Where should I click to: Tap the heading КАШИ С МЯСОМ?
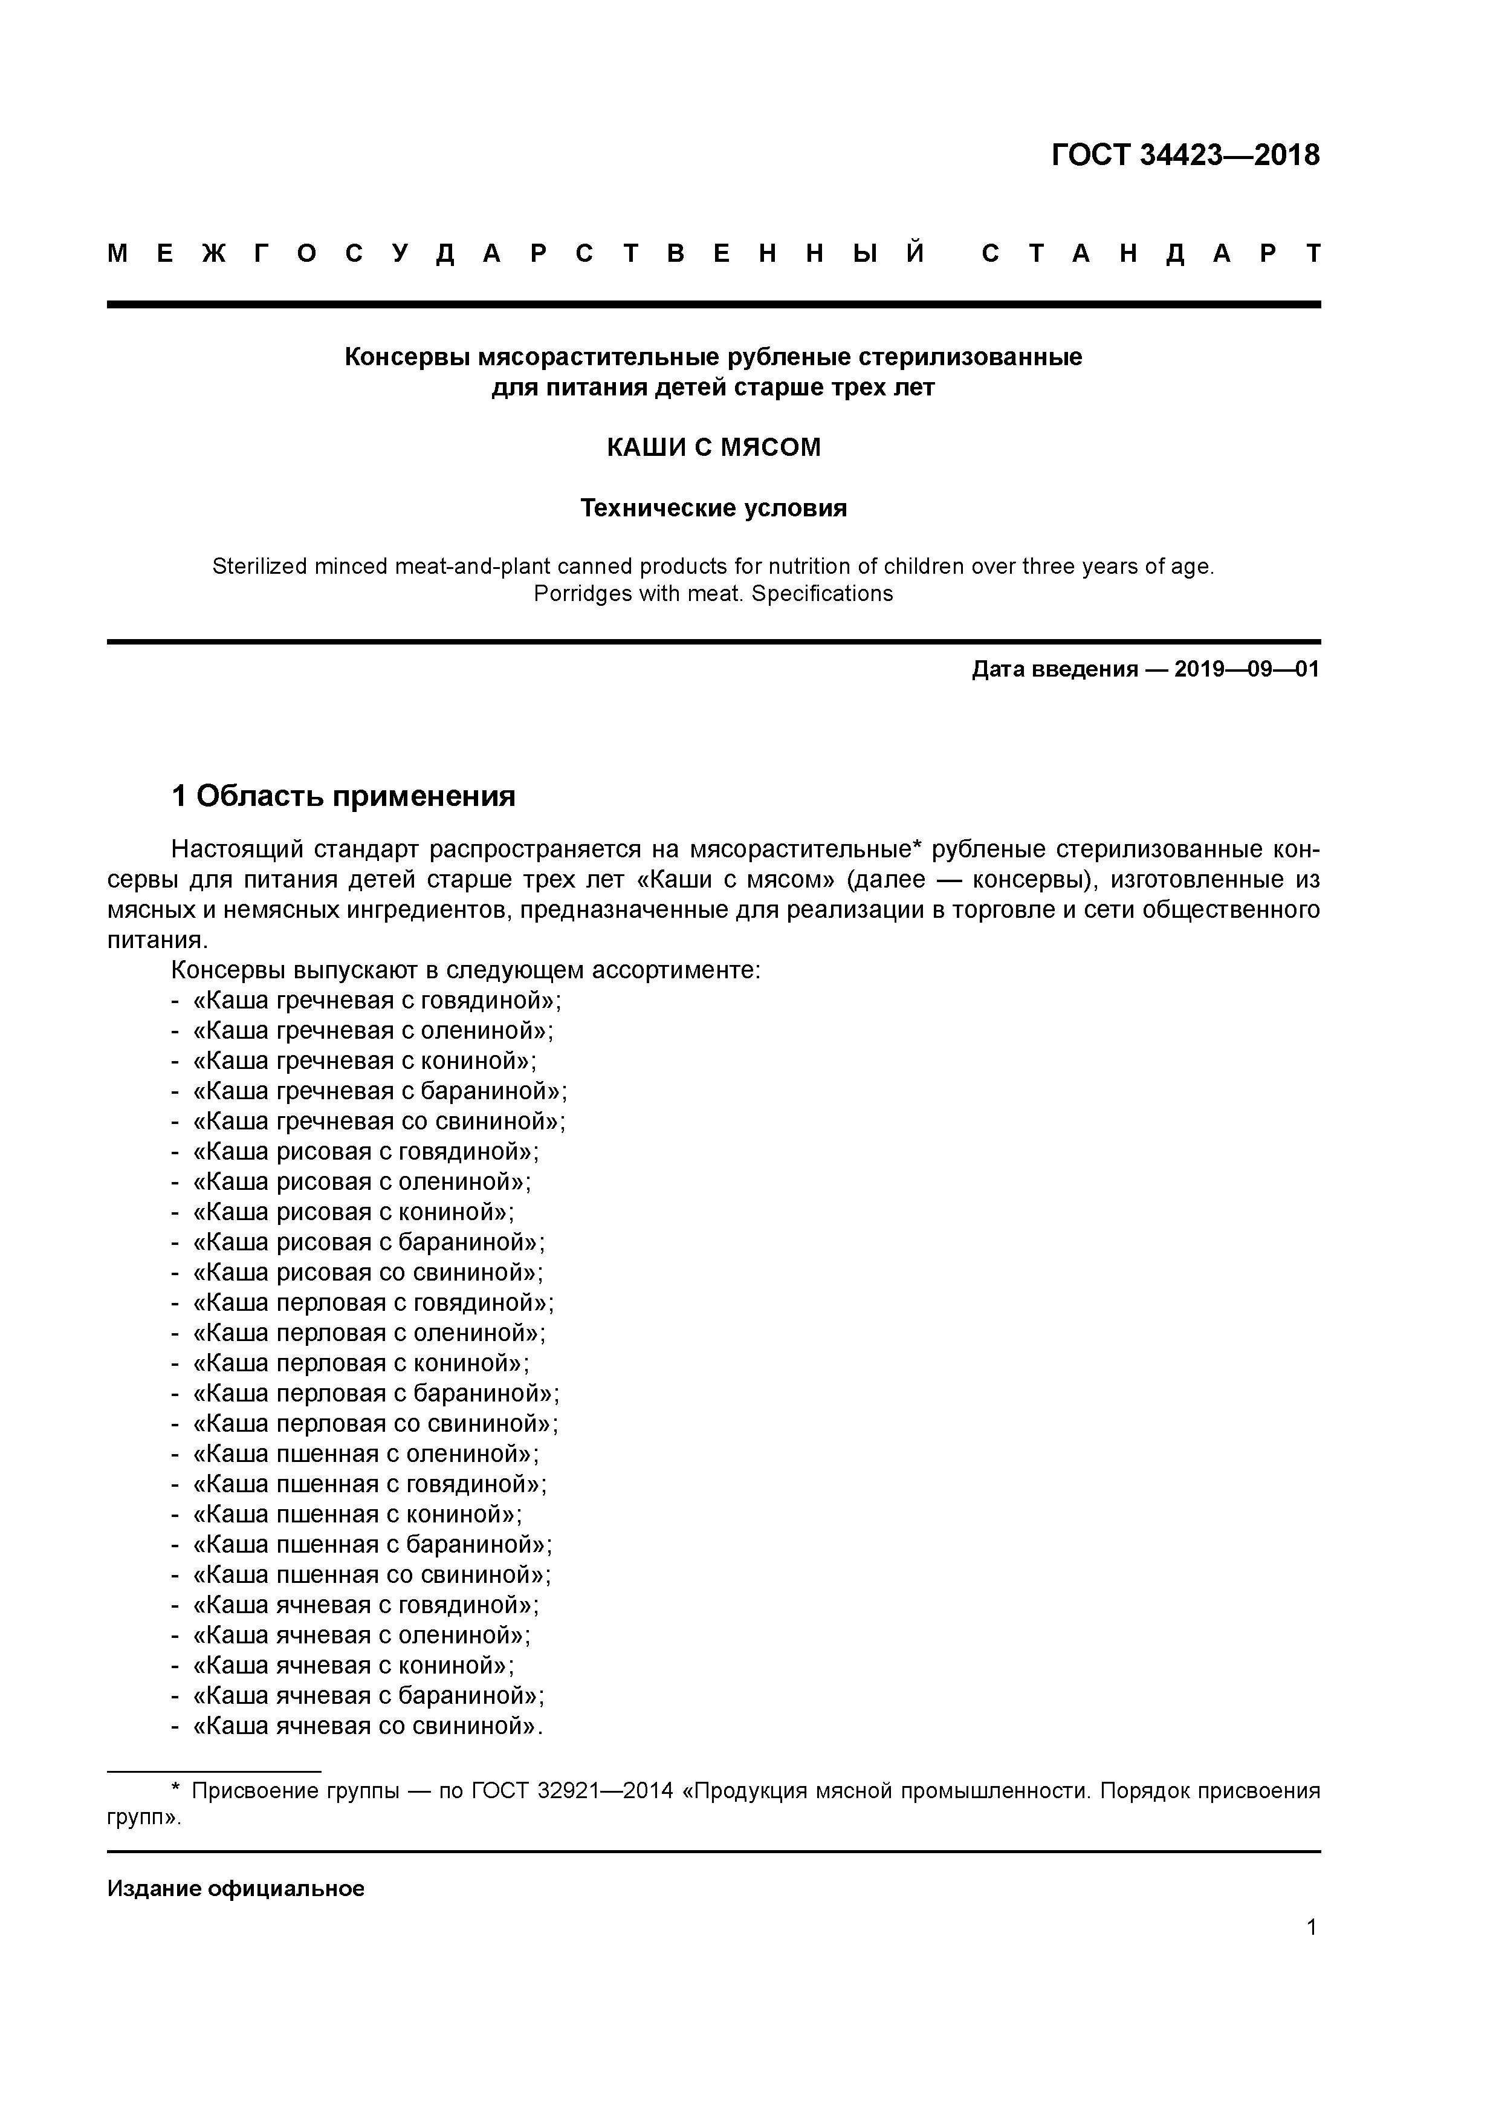click(x=713, y=448)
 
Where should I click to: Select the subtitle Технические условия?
click(x=713, y=508)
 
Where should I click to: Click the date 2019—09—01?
click(x=1247, y=669)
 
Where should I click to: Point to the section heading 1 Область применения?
click(x=343, y=796)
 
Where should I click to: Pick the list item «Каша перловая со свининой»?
click(x=375, y=1423)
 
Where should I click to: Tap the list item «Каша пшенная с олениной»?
click(x=365, y=1454)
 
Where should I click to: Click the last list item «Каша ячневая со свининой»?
click(x=367, y=1726)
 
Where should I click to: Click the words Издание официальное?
click(x=236, y=1888)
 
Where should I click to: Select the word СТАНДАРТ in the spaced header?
click(x=1151, y=253)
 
